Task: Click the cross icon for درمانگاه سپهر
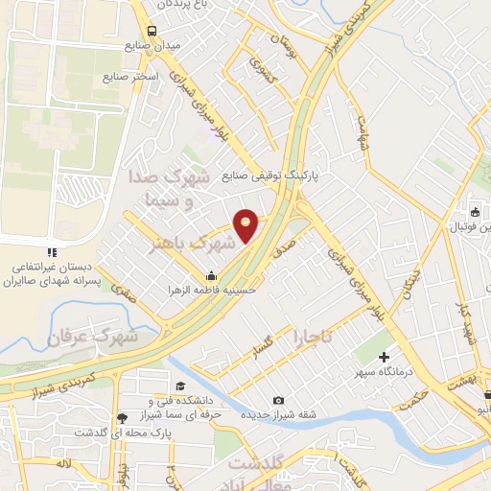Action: tap(385, 358)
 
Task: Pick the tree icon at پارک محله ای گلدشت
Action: tap(121, 418)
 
